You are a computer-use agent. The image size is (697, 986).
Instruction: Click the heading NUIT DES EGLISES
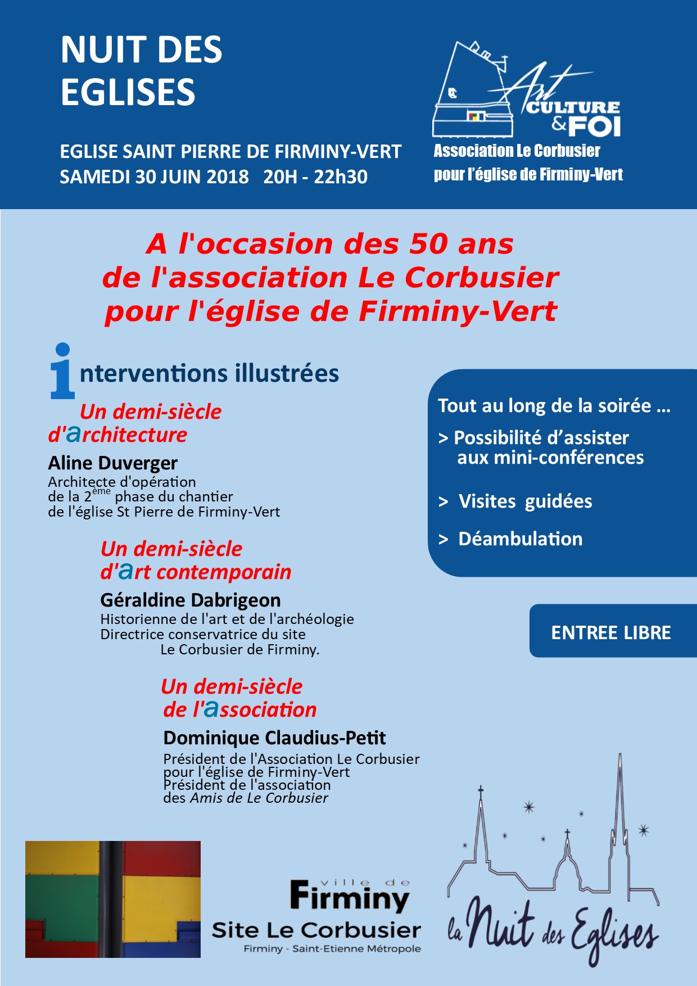(141, 70)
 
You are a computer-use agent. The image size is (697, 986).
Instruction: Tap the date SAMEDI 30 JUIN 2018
(154, 177)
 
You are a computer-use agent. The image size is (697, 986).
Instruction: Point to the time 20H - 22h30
(315, 177)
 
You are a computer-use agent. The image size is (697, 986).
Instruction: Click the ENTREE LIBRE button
(611, 632)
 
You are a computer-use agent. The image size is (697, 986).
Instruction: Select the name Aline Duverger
(112, 463)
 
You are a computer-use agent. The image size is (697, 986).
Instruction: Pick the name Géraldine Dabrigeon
(190, 600)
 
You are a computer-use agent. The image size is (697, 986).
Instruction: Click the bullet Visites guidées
(525, 501)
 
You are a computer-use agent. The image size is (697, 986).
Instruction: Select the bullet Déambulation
(520, 539)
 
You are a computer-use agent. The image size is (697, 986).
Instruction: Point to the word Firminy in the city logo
(350, 897)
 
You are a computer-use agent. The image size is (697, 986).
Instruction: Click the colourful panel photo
(113, 899)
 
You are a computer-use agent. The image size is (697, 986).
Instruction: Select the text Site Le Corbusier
(316, 930)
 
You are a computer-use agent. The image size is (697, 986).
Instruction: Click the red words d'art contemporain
(196, 572)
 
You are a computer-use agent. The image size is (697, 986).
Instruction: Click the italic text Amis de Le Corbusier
(259, 798)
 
